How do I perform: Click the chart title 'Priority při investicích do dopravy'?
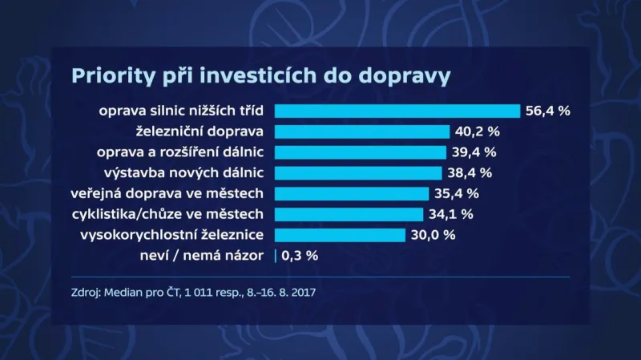coord(261,76)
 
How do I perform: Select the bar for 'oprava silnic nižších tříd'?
coord(397,111)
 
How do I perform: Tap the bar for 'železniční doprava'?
coord(362,131)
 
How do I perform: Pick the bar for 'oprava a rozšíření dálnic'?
coord(361,152)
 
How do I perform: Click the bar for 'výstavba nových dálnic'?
coord(358,173)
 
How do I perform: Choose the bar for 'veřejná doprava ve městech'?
coord(352,193)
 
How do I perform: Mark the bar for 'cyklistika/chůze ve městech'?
coord(349,214)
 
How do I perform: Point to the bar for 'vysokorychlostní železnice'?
coord(340,235)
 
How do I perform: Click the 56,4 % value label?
coord(548,111)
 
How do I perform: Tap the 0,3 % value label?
coord(300,256)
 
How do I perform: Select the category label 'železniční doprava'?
coord(200,131)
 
